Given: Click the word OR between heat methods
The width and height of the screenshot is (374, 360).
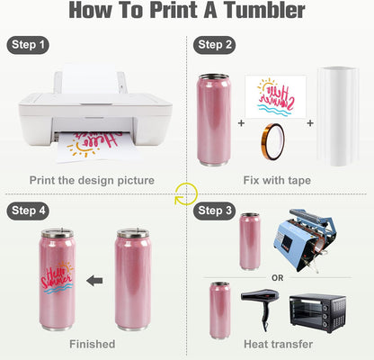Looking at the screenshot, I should click(278, 278).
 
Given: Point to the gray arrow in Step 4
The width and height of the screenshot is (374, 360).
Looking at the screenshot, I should click(94, 280).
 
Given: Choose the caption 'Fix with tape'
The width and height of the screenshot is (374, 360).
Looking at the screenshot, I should click(277, 181).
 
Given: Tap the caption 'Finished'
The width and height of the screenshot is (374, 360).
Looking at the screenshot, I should click(93, 345).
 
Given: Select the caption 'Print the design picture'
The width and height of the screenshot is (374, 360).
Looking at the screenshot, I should click(93, 181).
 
